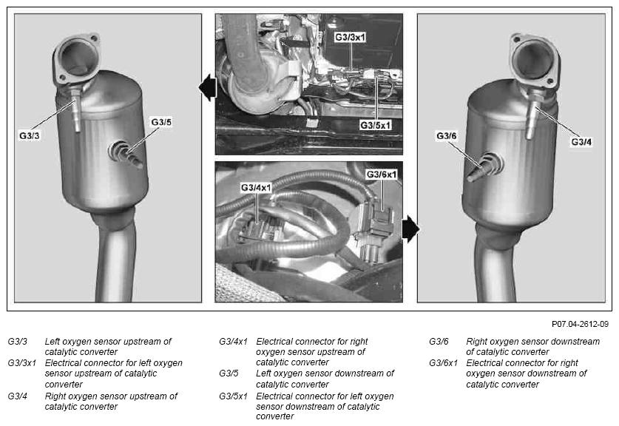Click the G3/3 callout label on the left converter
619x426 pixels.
click(30, 135)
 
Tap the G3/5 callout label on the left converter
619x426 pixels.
click(161, 122)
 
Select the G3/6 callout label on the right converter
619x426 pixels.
click(447, 136)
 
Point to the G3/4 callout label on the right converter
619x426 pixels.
click(581, 141)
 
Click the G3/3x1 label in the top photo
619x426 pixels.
click(350, 37)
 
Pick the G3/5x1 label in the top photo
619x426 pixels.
click(376, 125)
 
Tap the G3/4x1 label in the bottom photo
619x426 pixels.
click(256, 187)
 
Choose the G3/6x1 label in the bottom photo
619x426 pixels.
click(382, 174)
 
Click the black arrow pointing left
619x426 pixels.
click(208, 88)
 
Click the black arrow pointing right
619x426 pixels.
click(411, 229)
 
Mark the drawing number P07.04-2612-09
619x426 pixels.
click(580, 324)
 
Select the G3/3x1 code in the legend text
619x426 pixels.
click(21, 363)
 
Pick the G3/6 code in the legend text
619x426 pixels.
click(439, 342)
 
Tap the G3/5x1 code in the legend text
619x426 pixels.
click(233, 396)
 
